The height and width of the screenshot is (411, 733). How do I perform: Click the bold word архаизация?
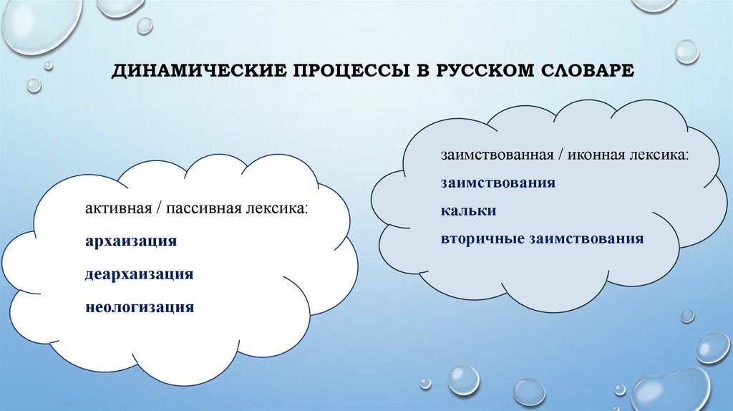(131, 241)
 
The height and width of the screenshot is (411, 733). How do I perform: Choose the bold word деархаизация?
(140, 274)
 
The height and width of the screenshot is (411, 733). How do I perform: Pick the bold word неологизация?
(140, 307)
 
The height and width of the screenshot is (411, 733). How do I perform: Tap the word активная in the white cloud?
(115, 208)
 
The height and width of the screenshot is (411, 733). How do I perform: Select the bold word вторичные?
(483, 238)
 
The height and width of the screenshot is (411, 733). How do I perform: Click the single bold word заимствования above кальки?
(498, 183)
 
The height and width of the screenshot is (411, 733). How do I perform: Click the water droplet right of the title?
(687, 52)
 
